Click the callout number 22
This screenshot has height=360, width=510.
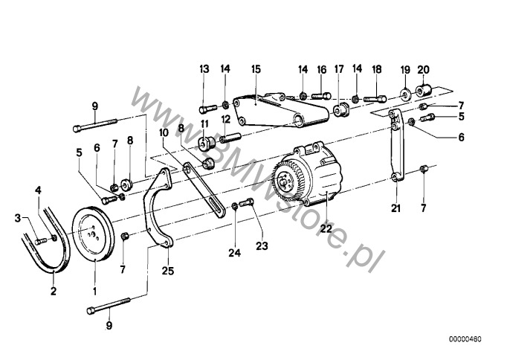326,228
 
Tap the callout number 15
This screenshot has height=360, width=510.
256,69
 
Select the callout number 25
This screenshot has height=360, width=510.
168,271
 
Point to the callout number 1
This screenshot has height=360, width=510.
94,291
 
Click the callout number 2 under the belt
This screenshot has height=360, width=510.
54,291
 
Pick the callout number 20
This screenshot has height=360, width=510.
423,69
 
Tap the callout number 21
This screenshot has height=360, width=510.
396,208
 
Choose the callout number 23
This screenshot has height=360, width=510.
262,246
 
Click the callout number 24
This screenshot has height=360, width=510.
234,253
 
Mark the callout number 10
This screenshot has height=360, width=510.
164,132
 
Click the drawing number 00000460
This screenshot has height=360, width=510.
465,339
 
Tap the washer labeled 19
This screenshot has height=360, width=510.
405,93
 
